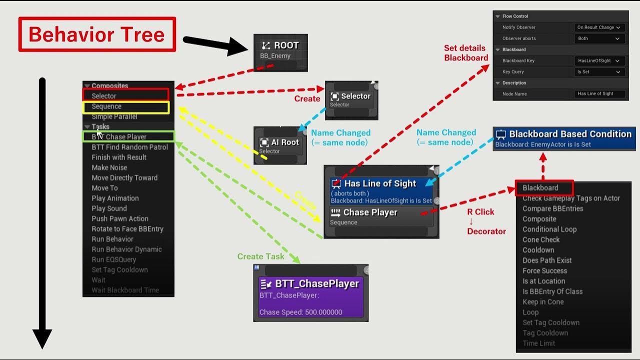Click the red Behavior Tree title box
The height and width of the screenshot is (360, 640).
pos(97,34)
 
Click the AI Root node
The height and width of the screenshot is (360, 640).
pos(279,145)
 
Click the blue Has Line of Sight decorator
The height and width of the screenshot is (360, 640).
pos(381,190)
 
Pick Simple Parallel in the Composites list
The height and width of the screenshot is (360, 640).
pos(114,116)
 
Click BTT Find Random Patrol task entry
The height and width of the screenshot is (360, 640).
pos(129,147)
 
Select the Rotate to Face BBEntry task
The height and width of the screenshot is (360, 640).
pos(127,229)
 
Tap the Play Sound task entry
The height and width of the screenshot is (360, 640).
pos(109,208)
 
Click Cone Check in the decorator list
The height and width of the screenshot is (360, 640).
pos(541,239)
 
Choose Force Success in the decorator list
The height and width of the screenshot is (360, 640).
pos(544,270)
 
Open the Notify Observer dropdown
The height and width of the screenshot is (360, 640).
pos(598,27)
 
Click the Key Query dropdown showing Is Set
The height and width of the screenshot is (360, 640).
pos(598,72)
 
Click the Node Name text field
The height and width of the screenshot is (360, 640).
pos(599,94)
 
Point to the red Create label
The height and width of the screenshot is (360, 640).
pos(307,99)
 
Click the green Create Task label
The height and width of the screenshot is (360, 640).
pos(260,256)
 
